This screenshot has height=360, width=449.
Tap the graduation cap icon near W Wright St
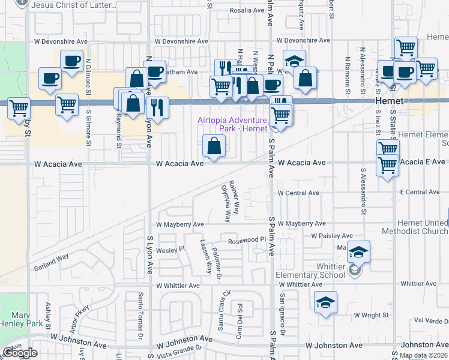(x=325, y=303)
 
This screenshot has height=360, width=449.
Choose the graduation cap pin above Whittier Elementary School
(x=358, y=252)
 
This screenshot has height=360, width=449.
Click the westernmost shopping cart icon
(x=19, y=109)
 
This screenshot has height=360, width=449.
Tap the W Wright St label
(x=372, y=314)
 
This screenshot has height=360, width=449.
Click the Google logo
(x=20, y=353)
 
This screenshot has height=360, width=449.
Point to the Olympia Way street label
(x=226, y=203)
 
